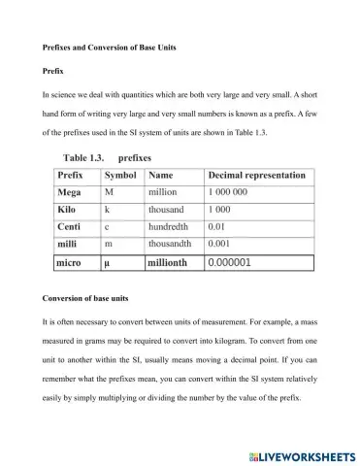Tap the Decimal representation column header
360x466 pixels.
pyautogui.click(x=257, y=176)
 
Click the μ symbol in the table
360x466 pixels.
pyautogui.click(x=108, y=262)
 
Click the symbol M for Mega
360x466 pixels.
pyautogui.click(x=109, y=192)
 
